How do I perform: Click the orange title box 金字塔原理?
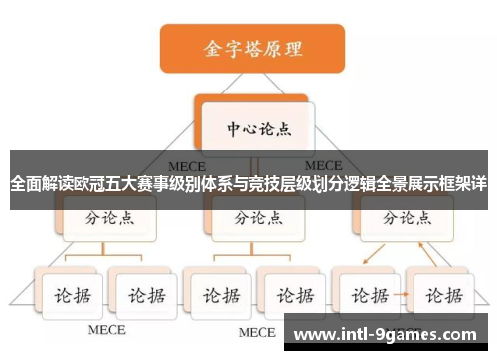click(252, 48)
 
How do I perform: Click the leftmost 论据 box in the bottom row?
click(68, 295)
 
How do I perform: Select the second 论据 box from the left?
click(140, 295)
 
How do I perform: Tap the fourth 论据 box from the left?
click(291, 295)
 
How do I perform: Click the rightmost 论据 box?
click(442, 295)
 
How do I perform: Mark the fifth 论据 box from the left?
click(368, 295)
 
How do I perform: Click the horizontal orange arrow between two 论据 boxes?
click(405, 295)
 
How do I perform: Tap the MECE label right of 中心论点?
click(324, 165)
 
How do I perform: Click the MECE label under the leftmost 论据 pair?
click(107, 329)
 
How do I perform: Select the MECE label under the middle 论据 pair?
click(255, 331)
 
